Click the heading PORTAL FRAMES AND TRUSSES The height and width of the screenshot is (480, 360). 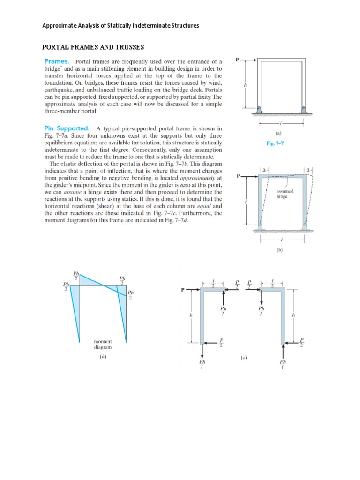(93, 47)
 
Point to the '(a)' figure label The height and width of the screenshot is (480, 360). (279, 133)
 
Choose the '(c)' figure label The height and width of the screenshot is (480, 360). (244, 358)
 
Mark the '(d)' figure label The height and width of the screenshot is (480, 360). (103, 356)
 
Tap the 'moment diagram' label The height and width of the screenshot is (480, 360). (103, 345)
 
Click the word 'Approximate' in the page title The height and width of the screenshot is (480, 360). (58, 25)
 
